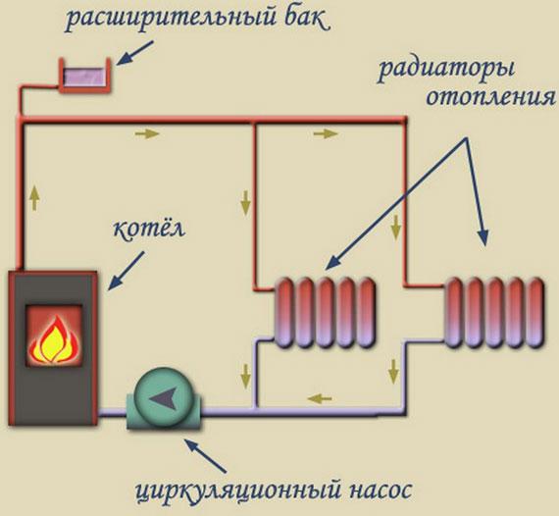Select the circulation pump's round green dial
click(x=162, y=396)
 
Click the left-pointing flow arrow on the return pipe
click(x=317, y=398)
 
